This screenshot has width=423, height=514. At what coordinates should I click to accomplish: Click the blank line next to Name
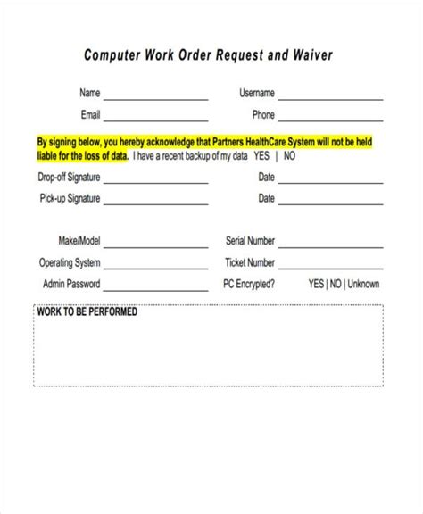(x=157, y=97)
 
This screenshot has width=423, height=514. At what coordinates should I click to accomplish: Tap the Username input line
(x=333, y=97)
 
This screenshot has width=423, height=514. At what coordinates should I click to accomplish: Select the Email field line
(x=157, y=120)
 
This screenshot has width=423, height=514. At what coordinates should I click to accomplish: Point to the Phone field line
(x=333, y=120)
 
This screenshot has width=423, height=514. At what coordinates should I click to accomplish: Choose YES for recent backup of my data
(x=261, y=154)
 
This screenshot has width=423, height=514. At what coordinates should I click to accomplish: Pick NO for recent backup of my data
(x=290, y=154)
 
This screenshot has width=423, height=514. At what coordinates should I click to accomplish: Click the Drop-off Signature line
(x=157, y=181)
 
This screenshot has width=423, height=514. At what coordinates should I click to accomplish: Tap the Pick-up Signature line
(x=157, y=203)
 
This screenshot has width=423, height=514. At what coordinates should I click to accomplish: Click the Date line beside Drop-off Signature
(x=333, y=181)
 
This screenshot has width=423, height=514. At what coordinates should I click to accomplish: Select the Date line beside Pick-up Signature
(x=333, y=203)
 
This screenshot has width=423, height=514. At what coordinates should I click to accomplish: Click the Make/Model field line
(x=157, y=246)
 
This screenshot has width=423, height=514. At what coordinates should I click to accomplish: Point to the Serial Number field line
(x=333, y=246)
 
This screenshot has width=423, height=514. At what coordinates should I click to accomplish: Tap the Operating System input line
(x=157, y=268)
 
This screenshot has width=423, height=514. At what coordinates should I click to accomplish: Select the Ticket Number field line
(x=333, y=268)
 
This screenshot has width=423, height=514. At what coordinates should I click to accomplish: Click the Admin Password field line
(x=157, y=289)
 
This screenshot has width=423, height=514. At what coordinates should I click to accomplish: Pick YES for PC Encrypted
(x=317, y=285)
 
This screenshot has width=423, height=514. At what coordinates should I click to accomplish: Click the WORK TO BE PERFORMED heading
(x=87, y=313)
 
